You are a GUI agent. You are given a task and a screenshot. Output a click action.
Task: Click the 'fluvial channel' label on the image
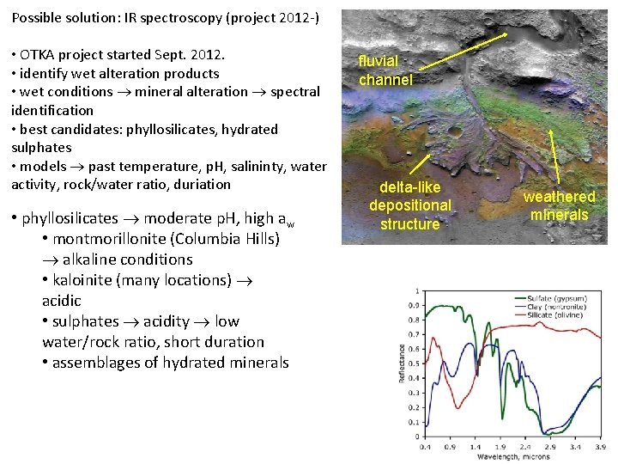click(385, 70)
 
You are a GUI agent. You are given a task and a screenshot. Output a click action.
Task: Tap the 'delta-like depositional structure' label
click(409, 205)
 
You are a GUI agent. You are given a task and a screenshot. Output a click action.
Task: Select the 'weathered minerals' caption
click(559, 205)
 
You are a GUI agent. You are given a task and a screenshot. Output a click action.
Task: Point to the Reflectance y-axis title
click(401, 364)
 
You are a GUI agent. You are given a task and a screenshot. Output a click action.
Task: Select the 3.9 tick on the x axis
click(599, 447)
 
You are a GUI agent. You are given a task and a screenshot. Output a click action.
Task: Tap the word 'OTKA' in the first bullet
click(39, 54)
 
